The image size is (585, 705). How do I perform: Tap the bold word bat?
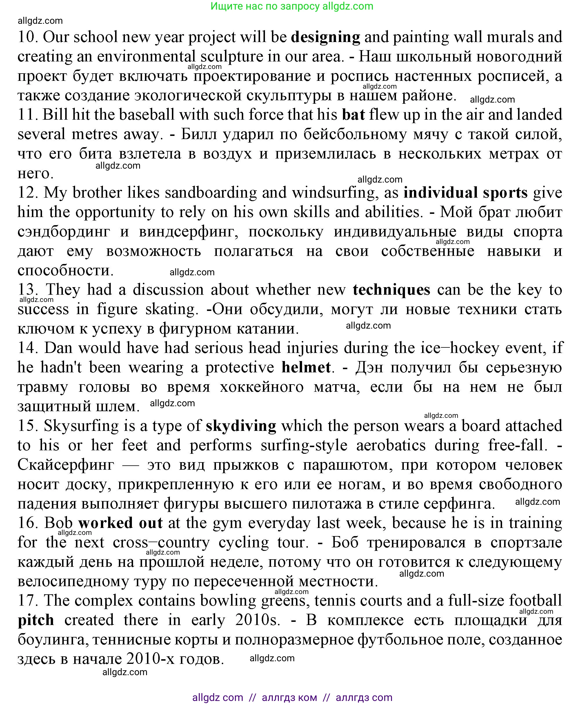(x=353, y=115)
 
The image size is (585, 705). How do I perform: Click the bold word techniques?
(x=391, y=290)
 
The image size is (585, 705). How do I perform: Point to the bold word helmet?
(x=306, y=367)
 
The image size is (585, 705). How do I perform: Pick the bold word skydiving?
(x=241, y=426)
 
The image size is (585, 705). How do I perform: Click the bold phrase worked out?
(x=120, y=523)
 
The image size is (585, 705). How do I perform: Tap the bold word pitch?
(x=36, y=620)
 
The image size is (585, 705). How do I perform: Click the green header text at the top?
(x=292, y=6)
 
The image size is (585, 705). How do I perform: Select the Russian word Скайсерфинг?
(x=66, y=464)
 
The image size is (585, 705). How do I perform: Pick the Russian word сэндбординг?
(x=63, y=232)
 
